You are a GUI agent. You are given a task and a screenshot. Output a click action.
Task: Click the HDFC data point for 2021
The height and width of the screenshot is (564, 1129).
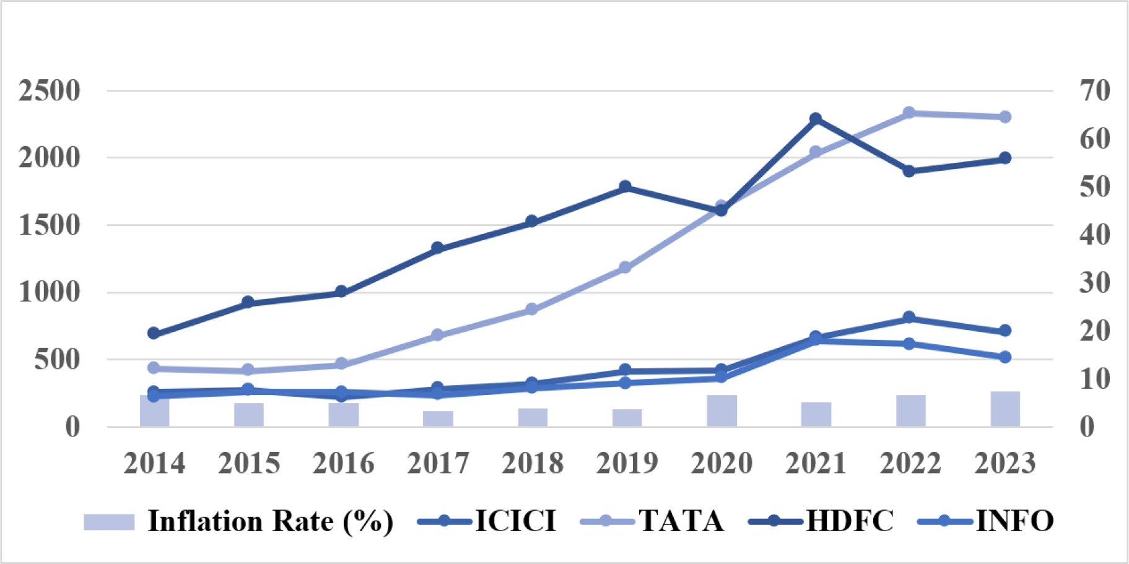[816, 119]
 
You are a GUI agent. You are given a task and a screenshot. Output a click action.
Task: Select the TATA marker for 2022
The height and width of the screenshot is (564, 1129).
[909, 113]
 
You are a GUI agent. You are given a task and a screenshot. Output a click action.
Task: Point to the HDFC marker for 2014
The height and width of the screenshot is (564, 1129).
[154, 333]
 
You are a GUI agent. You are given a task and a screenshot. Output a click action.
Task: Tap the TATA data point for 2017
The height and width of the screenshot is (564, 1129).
[437, 335]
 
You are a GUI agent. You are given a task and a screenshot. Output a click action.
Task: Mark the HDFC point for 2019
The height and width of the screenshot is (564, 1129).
[626, 186]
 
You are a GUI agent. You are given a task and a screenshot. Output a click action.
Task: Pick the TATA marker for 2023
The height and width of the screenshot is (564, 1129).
[1005, 117]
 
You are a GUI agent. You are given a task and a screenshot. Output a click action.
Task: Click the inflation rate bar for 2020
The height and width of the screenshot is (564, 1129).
[721, 410]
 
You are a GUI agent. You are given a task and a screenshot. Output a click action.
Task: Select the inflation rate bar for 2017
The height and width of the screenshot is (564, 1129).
[438, 419]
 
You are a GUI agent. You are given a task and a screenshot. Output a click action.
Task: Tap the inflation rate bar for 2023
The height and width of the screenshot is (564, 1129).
[1005, 409]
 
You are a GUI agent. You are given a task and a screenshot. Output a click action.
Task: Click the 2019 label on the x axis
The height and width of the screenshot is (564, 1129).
[627, 463]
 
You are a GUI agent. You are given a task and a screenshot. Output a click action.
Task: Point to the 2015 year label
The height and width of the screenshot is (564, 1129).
[249, 463]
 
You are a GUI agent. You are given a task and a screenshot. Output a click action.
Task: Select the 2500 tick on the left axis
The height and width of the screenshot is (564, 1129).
[50, 91]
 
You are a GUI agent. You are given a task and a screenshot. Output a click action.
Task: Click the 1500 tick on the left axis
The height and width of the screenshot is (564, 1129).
[50, 225]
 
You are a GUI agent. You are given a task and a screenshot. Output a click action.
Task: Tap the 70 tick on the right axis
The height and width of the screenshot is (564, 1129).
[1095, 90]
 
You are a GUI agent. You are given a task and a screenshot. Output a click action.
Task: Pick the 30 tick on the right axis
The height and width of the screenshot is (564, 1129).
[1095, 283]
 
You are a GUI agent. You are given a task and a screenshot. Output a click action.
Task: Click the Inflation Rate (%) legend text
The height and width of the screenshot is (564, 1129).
[270, 521]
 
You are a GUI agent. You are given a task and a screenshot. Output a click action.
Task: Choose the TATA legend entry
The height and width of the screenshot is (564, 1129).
[681, 521]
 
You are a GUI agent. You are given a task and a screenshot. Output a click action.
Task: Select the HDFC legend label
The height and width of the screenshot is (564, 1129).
[850, 521]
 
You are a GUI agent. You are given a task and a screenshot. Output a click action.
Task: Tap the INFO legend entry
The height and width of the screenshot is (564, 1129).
[1014, 521]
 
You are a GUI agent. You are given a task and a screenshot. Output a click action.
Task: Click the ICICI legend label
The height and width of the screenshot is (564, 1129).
[515, 521]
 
